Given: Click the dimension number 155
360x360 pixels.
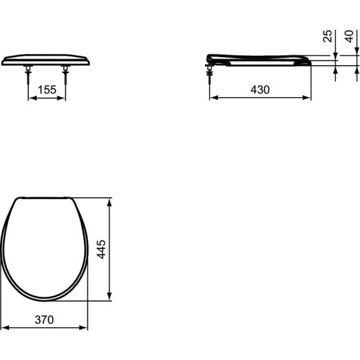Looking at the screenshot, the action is tap(47, 89).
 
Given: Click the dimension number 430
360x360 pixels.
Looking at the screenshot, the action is tap(260, 89).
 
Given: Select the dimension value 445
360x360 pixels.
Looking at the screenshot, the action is tap(101, 250).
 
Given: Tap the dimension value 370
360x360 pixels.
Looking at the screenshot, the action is tap(44, 319).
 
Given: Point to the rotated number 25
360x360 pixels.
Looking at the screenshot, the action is tap(328, 36).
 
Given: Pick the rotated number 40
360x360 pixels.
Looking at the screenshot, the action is tap(349, 36).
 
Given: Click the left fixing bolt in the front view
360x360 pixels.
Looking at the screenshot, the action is tap(28, 74).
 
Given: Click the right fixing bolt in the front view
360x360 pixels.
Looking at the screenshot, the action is tap(66, 74).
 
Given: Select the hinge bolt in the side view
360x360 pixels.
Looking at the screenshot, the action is tap(210, 74).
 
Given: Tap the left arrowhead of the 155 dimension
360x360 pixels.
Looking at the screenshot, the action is tap(33, 98).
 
